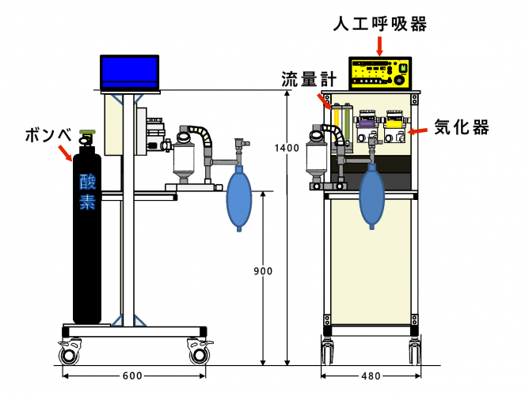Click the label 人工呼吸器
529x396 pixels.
(x=380, y=25)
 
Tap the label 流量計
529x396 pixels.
(x=309, y=80)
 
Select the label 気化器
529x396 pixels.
(x=462, y=127)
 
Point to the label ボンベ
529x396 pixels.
(x=48, y=135)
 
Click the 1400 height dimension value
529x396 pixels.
(x=287, y=148)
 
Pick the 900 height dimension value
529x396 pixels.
(x=263, y=271)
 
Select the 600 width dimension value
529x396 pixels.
(x=132, y=375)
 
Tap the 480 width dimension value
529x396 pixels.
(x=371, y=375)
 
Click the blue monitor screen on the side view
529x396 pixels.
(x=130, y=72)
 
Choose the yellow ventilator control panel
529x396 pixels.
(x=380, y=74)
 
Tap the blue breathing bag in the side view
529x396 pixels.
(x=239, y=198)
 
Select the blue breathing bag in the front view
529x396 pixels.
(x=371, y=196)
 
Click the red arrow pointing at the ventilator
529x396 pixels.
(x=380, y=46)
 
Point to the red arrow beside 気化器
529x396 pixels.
(x=417, y=130)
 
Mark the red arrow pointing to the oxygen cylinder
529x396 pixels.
(x=65, y=153)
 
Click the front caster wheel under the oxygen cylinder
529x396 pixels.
(x=70, y=353)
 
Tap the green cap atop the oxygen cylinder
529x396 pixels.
(x=87, y=132)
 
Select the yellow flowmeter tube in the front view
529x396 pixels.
(x=336, y=123)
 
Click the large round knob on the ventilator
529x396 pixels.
(x=399, y=80)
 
